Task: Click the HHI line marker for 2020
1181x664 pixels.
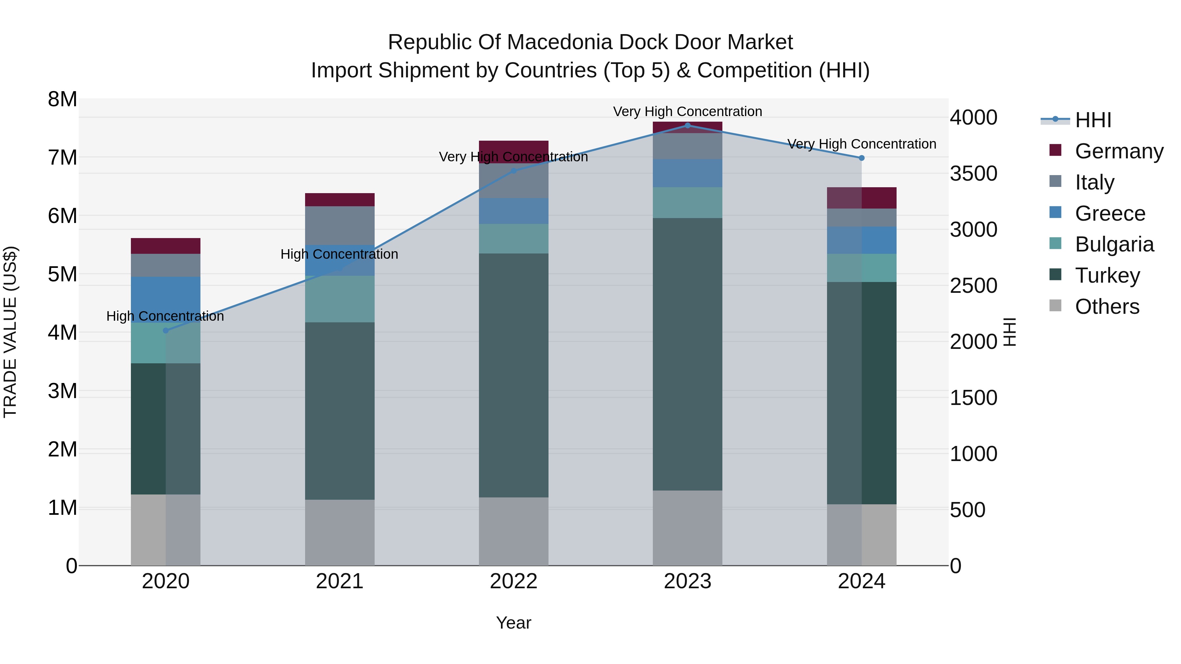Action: click(166, 331)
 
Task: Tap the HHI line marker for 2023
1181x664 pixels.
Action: click(687, 125)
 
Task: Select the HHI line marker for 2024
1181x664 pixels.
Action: click(861, 158)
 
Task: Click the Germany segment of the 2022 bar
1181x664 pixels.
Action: click(513, 148)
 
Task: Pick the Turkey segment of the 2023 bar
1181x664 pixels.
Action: click(687, 354)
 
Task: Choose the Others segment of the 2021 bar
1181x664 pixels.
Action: click(340, 532)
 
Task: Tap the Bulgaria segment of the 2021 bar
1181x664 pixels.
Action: click(340, 299)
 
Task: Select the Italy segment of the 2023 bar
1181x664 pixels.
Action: click(687, 146)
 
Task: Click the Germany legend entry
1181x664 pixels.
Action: click(1118, 151)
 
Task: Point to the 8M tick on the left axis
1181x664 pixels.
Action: click(62, 99)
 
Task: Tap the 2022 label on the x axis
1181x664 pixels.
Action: click(513, 581)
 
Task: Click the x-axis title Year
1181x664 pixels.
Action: click(513, 623)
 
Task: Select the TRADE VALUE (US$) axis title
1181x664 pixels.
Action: click(10, 332)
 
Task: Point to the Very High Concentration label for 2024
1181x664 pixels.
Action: click(861, 144)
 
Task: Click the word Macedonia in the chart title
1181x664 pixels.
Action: click(564, 42)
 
